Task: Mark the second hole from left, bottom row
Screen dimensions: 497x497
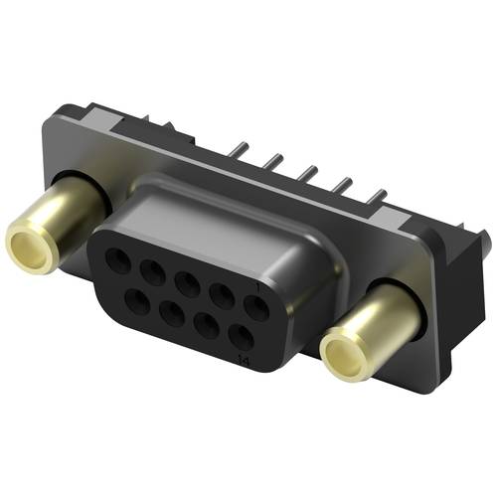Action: click(x=166, y=311)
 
